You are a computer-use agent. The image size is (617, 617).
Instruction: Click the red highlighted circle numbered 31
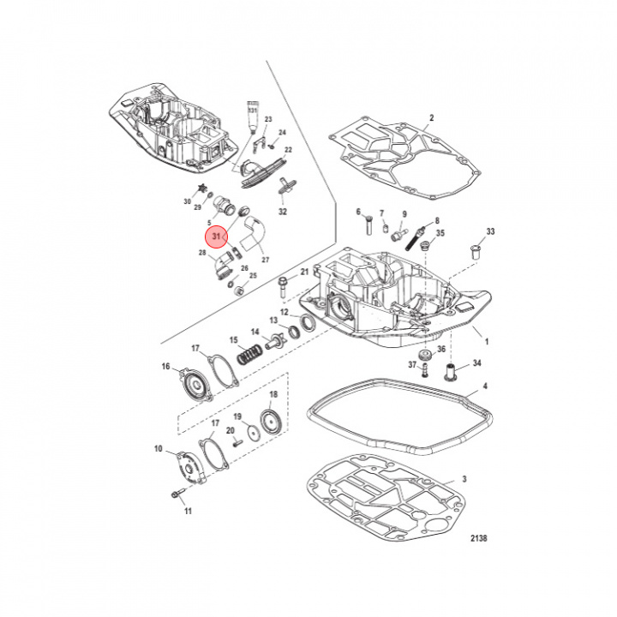point(217,237)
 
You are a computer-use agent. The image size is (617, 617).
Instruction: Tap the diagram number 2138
point(478,538)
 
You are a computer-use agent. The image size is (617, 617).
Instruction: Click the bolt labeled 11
point(178,493)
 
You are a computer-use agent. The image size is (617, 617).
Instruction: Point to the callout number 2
point(432,117)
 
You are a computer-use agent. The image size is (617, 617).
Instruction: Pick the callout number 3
point(464,479)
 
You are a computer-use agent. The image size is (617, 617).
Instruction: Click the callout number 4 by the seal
point(485,386)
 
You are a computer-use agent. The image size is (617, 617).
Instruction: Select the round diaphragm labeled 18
point(271,422)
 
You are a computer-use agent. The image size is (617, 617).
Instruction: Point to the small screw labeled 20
point(237,443)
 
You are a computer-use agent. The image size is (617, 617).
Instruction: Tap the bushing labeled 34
point(451,372)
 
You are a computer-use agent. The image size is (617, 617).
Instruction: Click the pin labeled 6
point(368,225)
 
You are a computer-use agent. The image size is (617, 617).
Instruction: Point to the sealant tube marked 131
point(252,117)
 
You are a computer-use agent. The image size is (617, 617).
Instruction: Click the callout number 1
point(487,342)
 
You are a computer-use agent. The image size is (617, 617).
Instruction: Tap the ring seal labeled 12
point(308,323)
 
